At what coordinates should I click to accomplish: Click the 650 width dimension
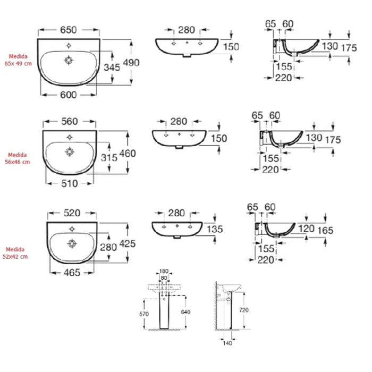click(69, 30)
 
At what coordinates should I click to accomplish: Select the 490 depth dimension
click(131, 63)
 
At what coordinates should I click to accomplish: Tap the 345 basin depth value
click(112, 67)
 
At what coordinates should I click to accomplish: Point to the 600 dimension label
click(69, 95)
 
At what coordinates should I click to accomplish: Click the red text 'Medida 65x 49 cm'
click(18, 60)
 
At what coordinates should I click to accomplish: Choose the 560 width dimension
click(70, 122)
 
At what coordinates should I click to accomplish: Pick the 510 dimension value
click(70, 184)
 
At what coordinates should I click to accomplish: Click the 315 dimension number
click(109, 158)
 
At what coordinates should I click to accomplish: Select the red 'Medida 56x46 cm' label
click(18, 158)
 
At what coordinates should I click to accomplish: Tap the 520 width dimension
click(72, 213)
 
